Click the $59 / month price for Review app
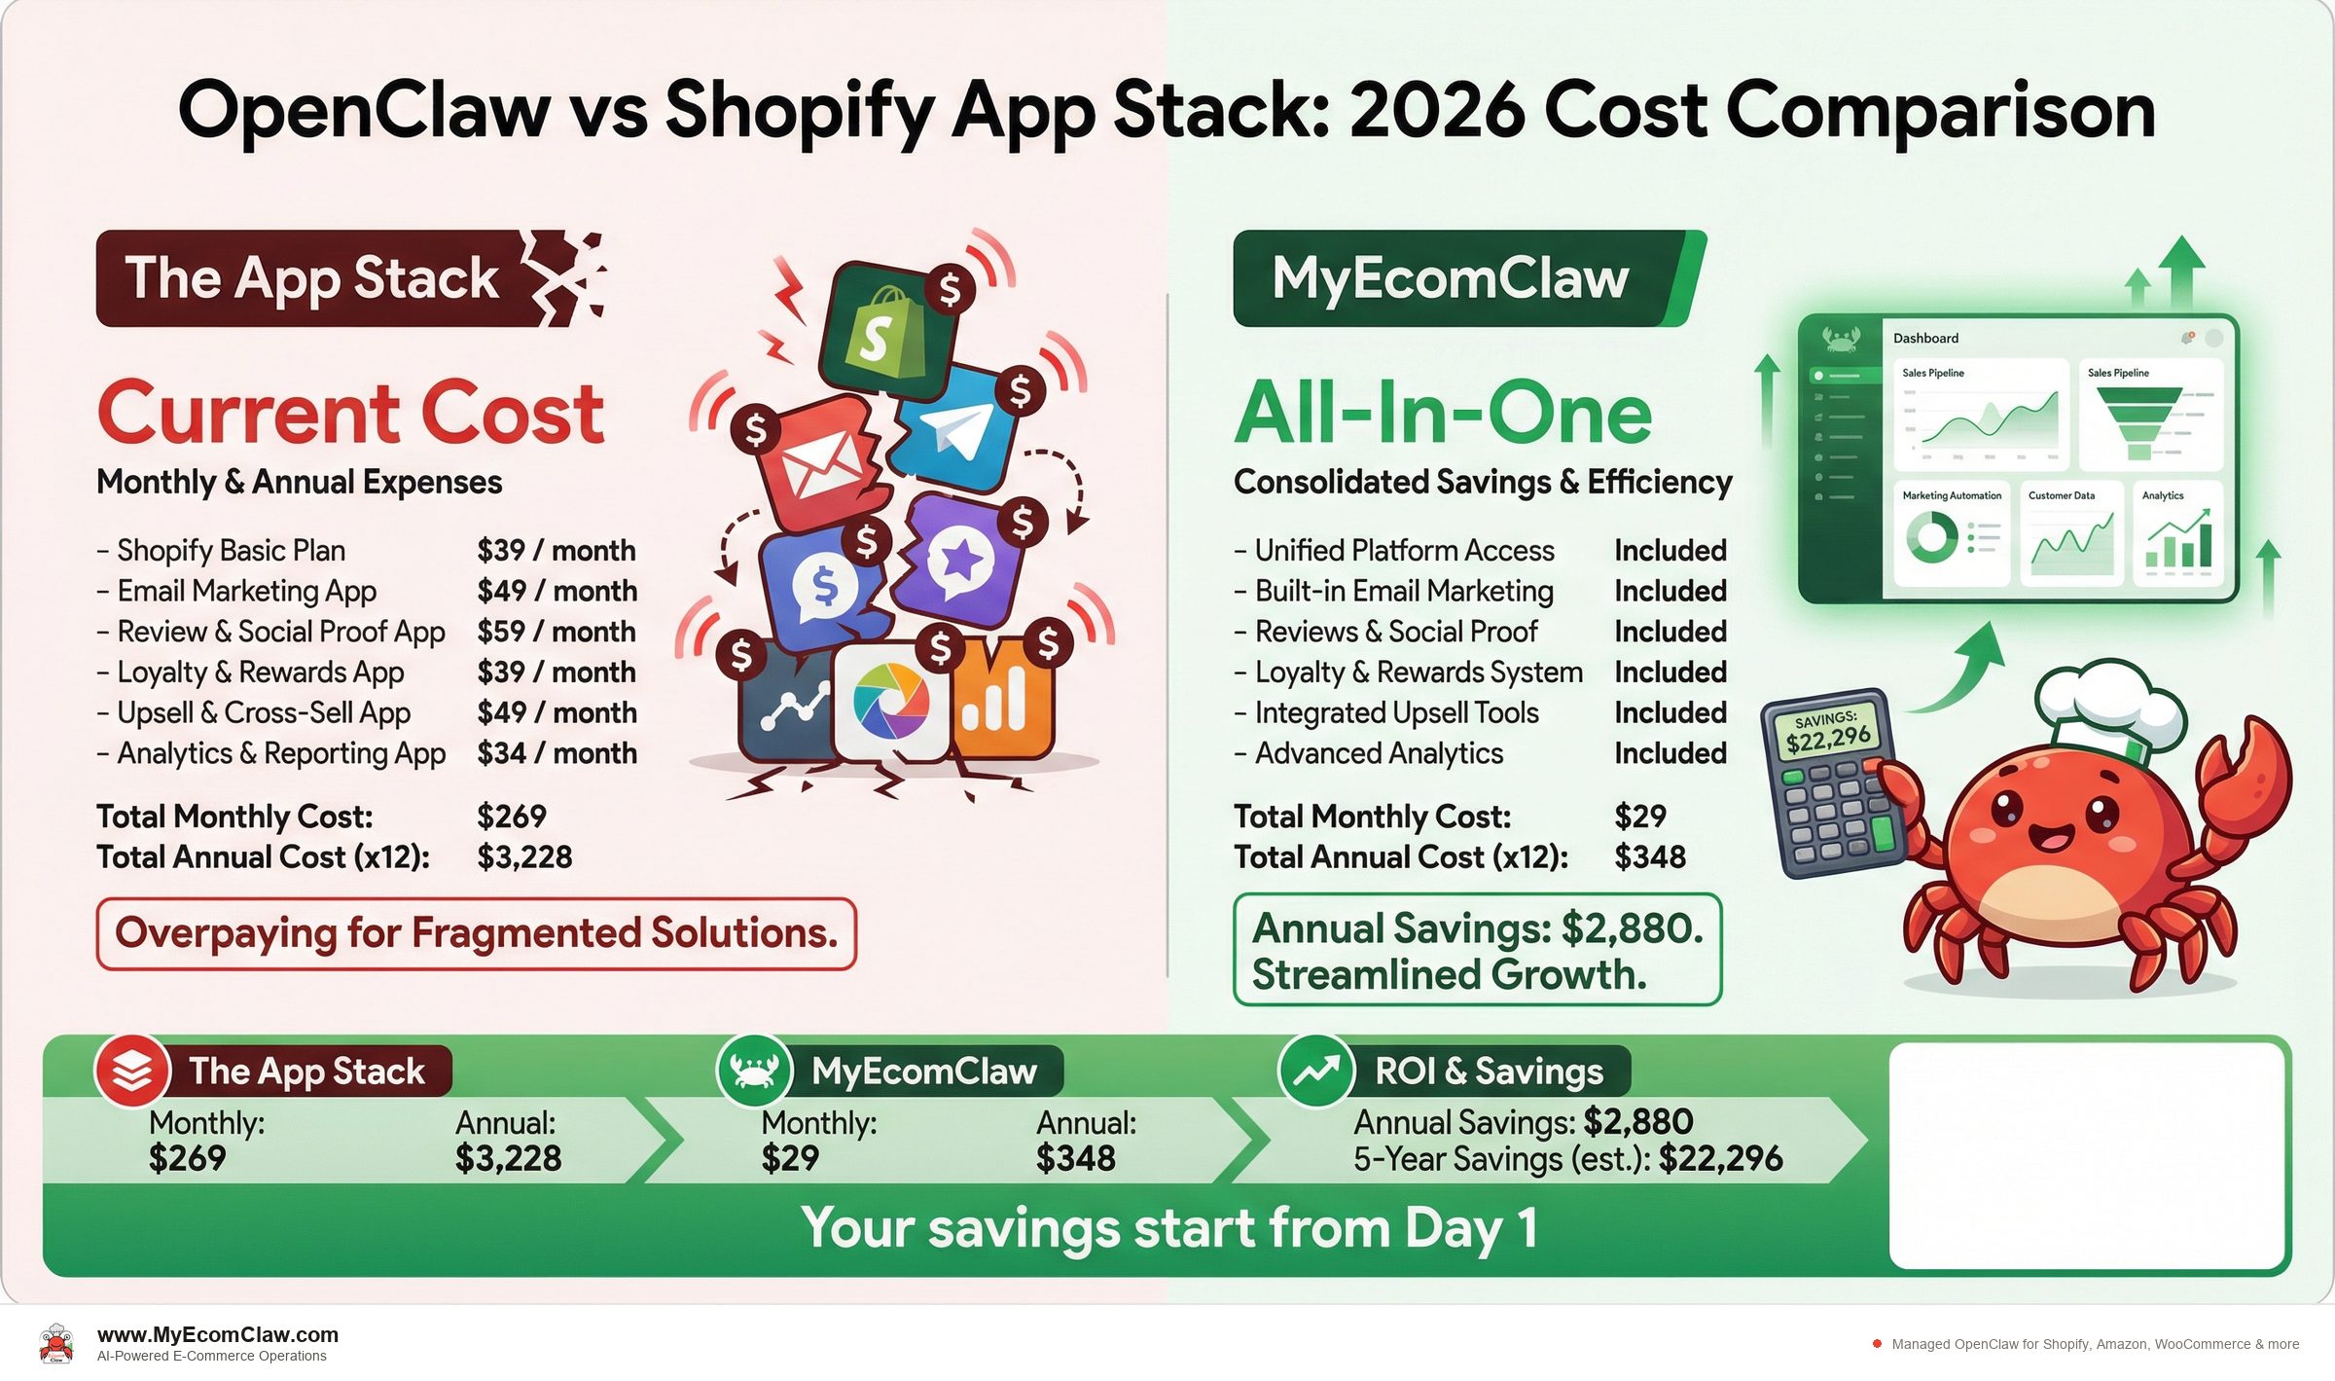(557, 632)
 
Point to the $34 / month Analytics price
(557, 753)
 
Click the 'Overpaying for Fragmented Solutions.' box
(476, 933)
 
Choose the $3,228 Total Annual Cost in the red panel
(524, 857)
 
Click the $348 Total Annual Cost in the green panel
(1650, 857)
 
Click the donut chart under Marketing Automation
(1931, 537)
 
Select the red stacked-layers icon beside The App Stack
(132, 1071)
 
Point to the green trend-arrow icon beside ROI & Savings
(1315, 1071)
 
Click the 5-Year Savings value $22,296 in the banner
(1720, 1159)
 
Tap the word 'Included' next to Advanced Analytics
(1670, 753)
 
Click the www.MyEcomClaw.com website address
(218, 1335)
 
